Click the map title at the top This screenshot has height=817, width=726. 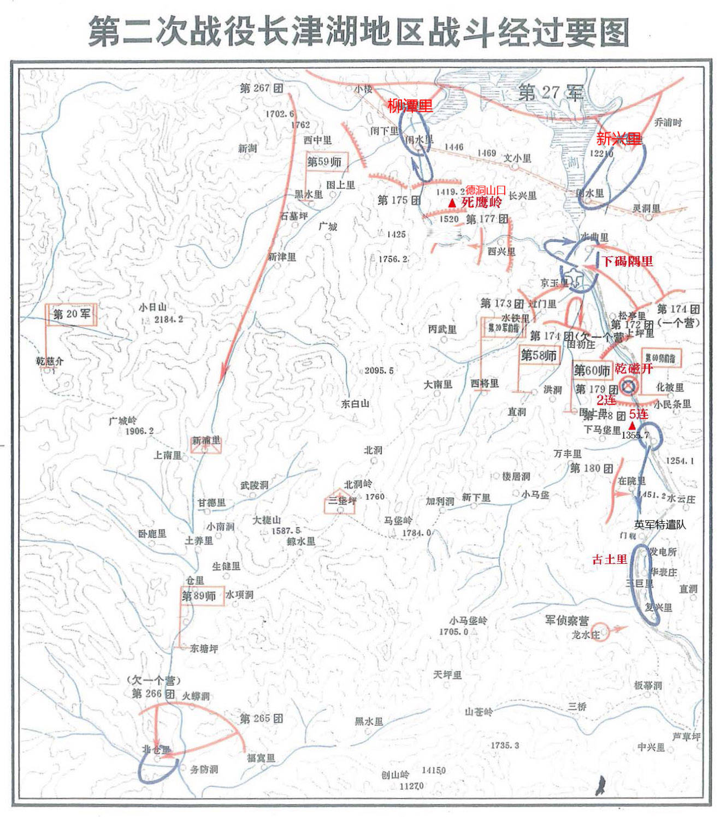tap(359, 32)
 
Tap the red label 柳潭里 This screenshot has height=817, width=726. tap(410, 106)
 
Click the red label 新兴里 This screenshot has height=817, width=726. tap(618, 138)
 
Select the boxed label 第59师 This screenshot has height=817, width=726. tap(324, 162)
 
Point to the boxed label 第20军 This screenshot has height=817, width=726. tap(72, 314)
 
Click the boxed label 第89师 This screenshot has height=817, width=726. tap(199, 596)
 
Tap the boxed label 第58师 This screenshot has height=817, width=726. tap(539, 356)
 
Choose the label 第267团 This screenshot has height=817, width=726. tap(261, 87)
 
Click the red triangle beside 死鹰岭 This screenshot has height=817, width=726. tap(451, 203)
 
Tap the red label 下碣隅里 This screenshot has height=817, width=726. tap(627, 261)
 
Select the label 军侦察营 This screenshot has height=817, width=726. tap(566, 621)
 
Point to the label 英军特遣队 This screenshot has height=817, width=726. tap(659, 524)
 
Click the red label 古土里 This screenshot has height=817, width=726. tap(609, 559)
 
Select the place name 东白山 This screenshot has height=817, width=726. tap(355, 404)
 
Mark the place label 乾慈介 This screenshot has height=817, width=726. tap(50, 361)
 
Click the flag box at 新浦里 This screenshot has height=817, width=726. tap(206, 444)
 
